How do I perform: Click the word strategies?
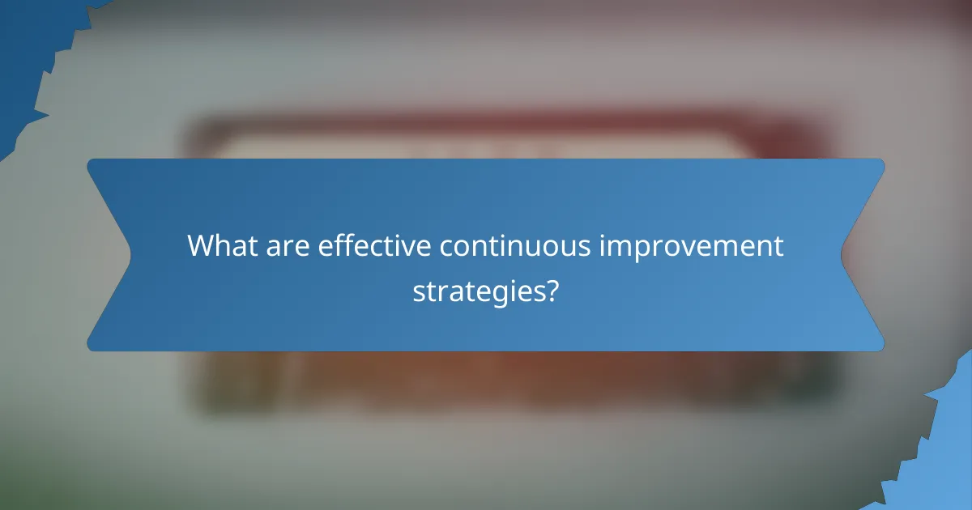[478, 291]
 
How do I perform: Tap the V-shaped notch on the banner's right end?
[843, 255]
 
